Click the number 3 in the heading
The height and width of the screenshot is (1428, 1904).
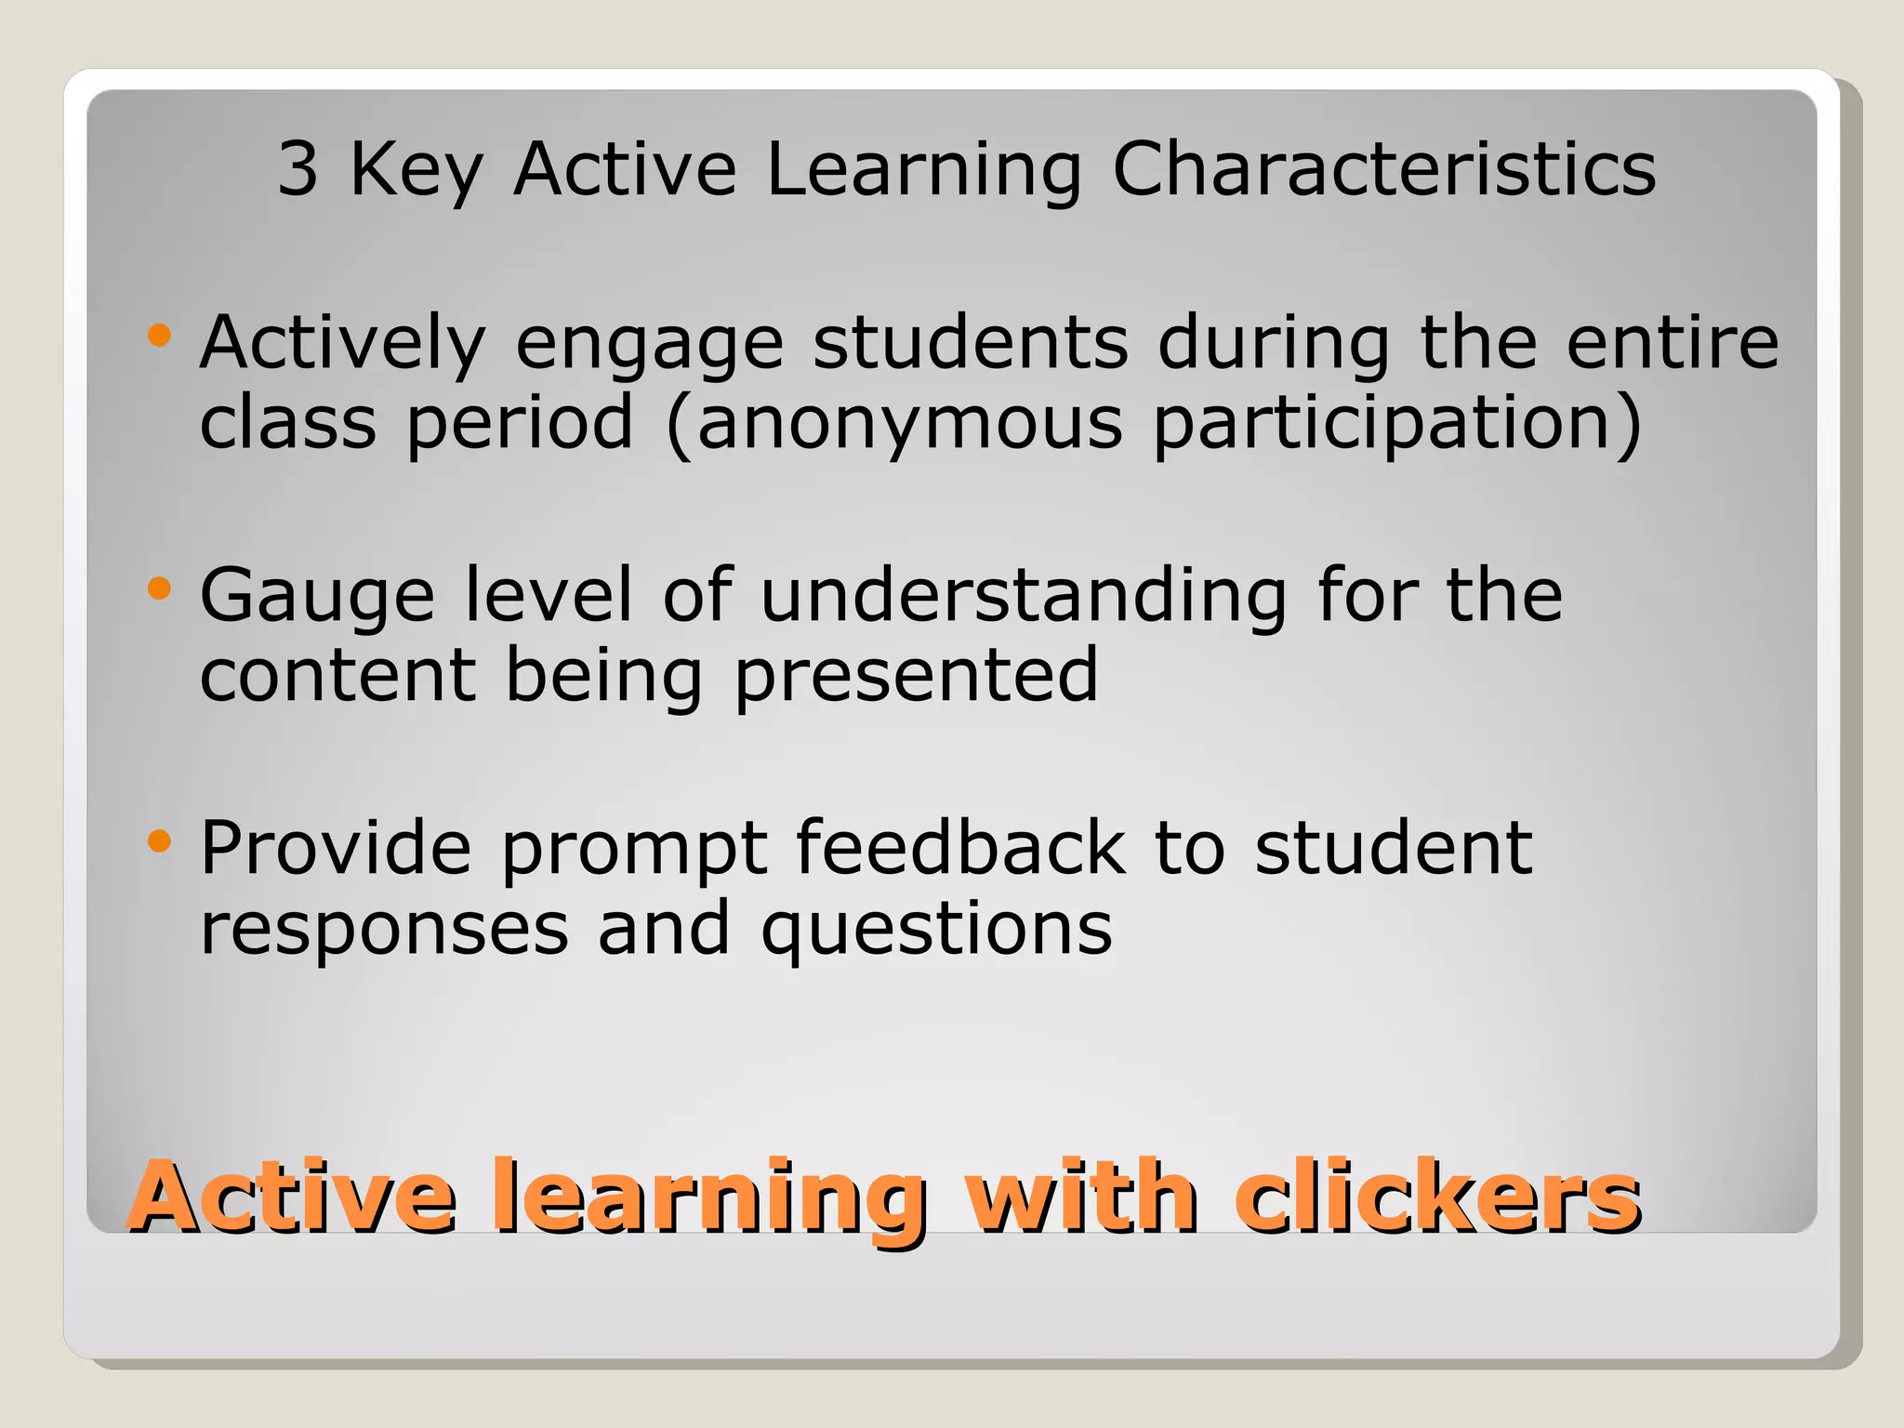point(298,169)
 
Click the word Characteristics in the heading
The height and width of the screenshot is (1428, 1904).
point(1383,169)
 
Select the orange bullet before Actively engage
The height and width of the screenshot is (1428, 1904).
point(160,335)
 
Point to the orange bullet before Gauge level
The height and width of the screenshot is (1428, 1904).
point(160,588)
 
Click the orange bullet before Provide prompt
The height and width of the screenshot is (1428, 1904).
point(160,841)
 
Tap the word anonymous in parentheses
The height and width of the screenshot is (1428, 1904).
point(909,424)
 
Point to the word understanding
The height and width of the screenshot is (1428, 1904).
point(1023,595)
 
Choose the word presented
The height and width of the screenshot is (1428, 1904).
point(916,677)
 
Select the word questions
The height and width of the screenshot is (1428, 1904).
point(936,930)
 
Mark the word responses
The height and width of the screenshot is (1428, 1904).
point(384,930)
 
